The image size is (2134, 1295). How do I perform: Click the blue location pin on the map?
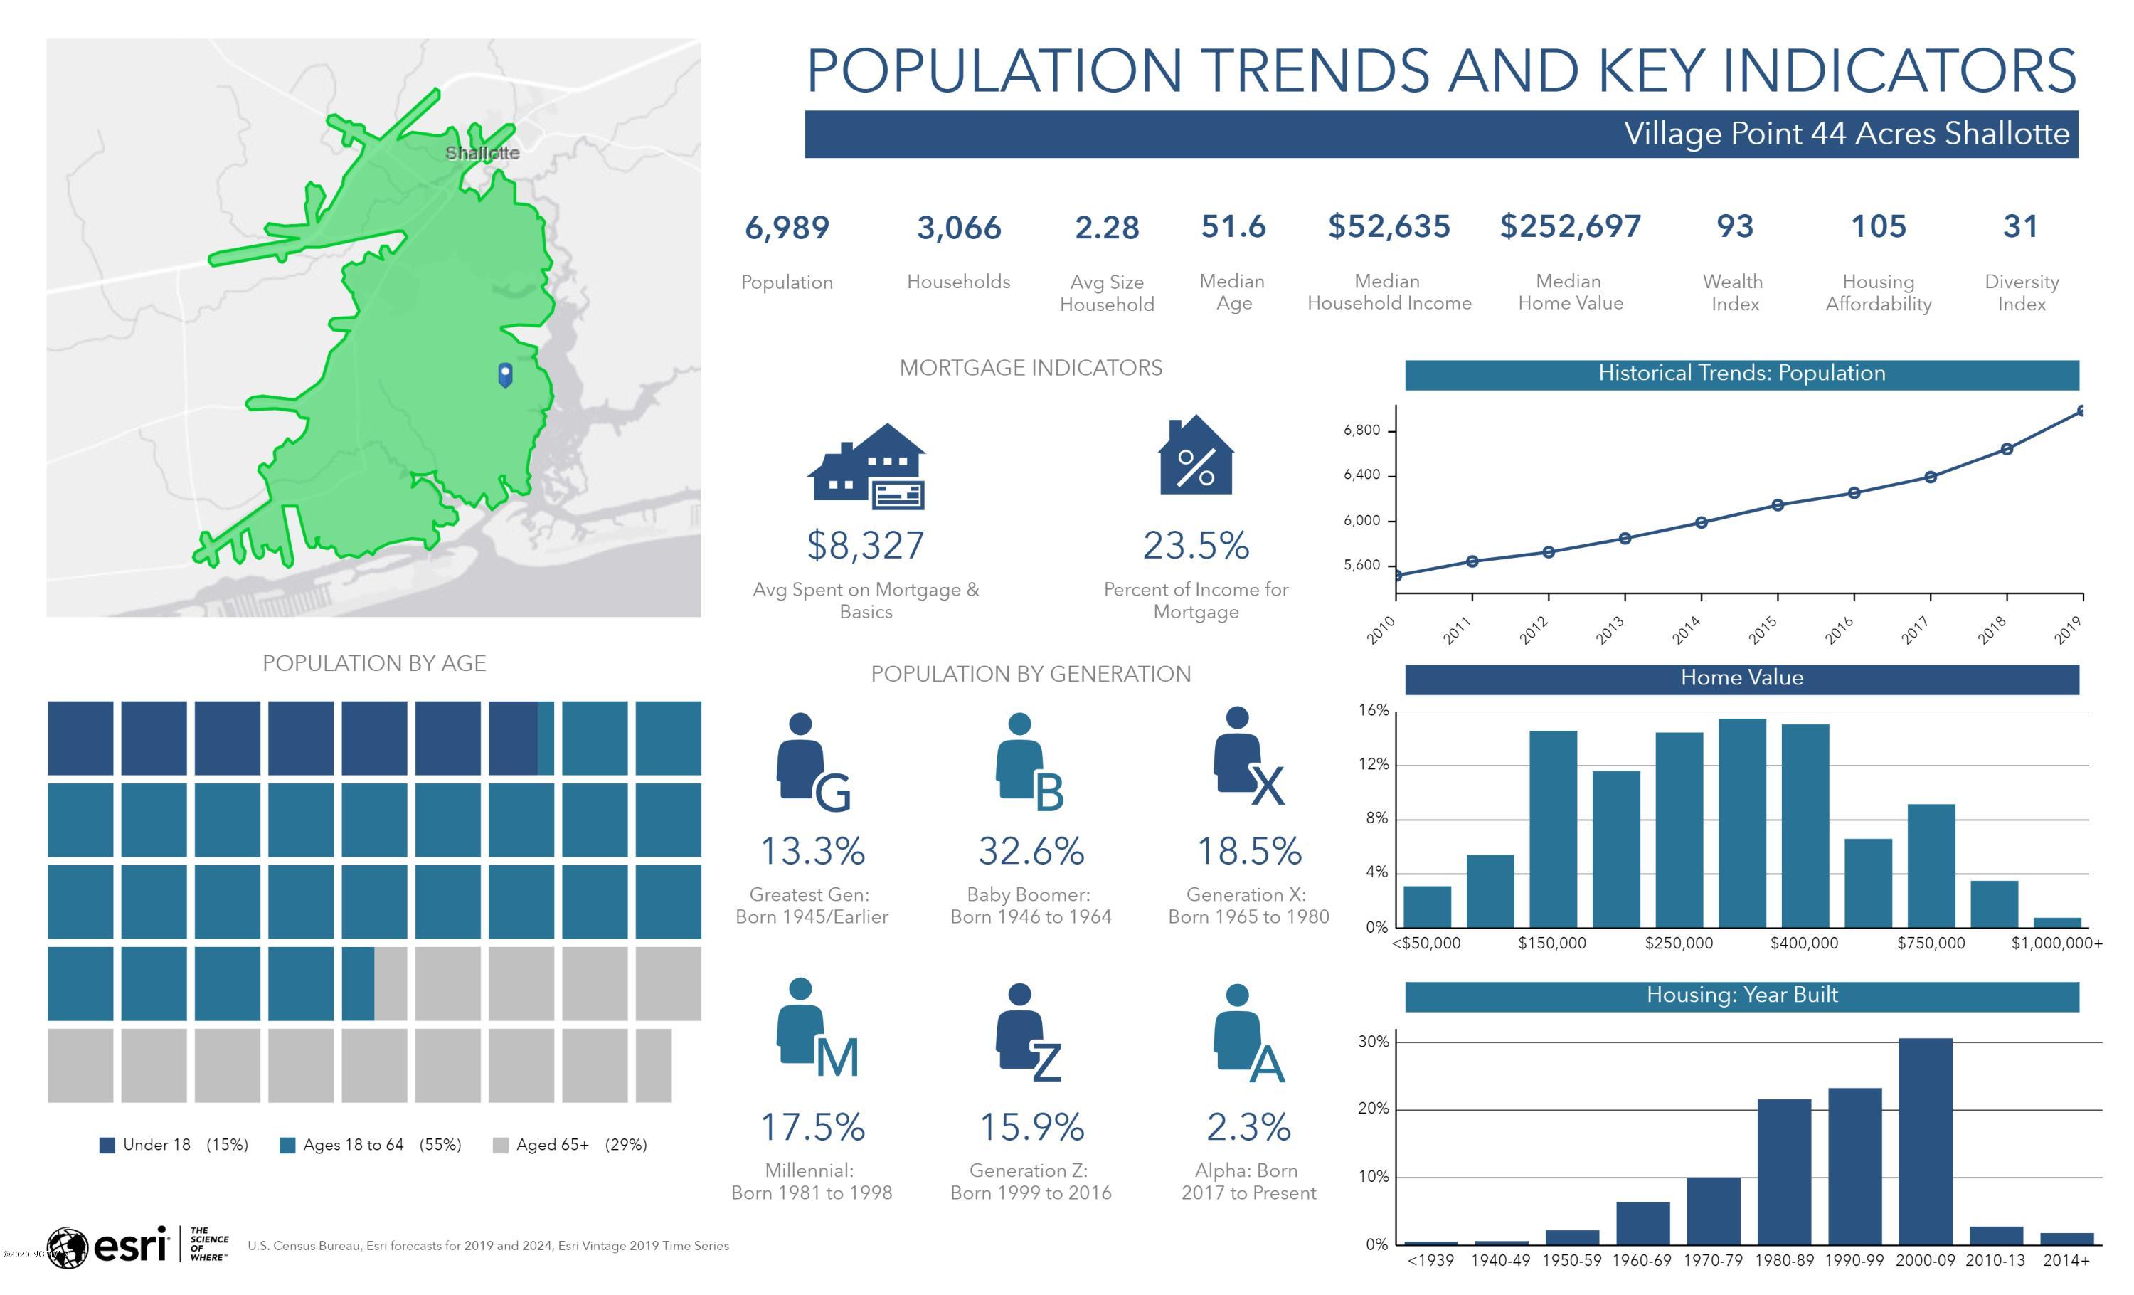[505, 375]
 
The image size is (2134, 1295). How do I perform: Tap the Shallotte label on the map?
[482, 152]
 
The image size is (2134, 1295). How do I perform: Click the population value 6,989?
[787, 228]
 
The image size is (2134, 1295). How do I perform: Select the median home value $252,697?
[1570, 226]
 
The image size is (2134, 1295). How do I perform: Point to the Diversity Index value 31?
[2021, 226]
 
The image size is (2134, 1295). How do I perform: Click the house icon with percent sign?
[1196, 454]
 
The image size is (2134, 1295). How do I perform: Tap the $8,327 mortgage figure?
[865, 545]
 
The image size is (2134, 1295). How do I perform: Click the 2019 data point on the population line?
[2081, 411]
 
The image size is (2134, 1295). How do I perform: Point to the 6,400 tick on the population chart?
[1362, 475]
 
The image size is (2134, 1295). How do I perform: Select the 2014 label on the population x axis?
[1687, 630]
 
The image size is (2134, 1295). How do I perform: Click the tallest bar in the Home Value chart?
[1741, 823]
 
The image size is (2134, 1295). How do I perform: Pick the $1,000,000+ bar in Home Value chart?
[2057, 923]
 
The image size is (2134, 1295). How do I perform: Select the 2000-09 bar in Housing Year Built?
[1926, 1141]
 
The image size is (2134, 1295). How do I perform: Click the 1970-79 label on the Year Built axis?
[1712, 1260]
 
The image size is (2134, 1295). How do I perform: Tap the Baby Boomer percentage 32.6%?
[1031, 850]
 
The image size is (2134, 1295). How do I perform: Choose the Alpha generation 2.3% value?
[1248, 1127]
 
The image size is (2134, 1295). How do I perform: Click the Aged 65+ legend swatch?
[500, 1145]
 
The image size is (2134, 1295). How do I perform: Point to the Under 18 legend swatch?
[107, 1145]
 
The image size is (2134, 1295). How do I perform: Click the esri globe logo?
[67, 1248]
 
